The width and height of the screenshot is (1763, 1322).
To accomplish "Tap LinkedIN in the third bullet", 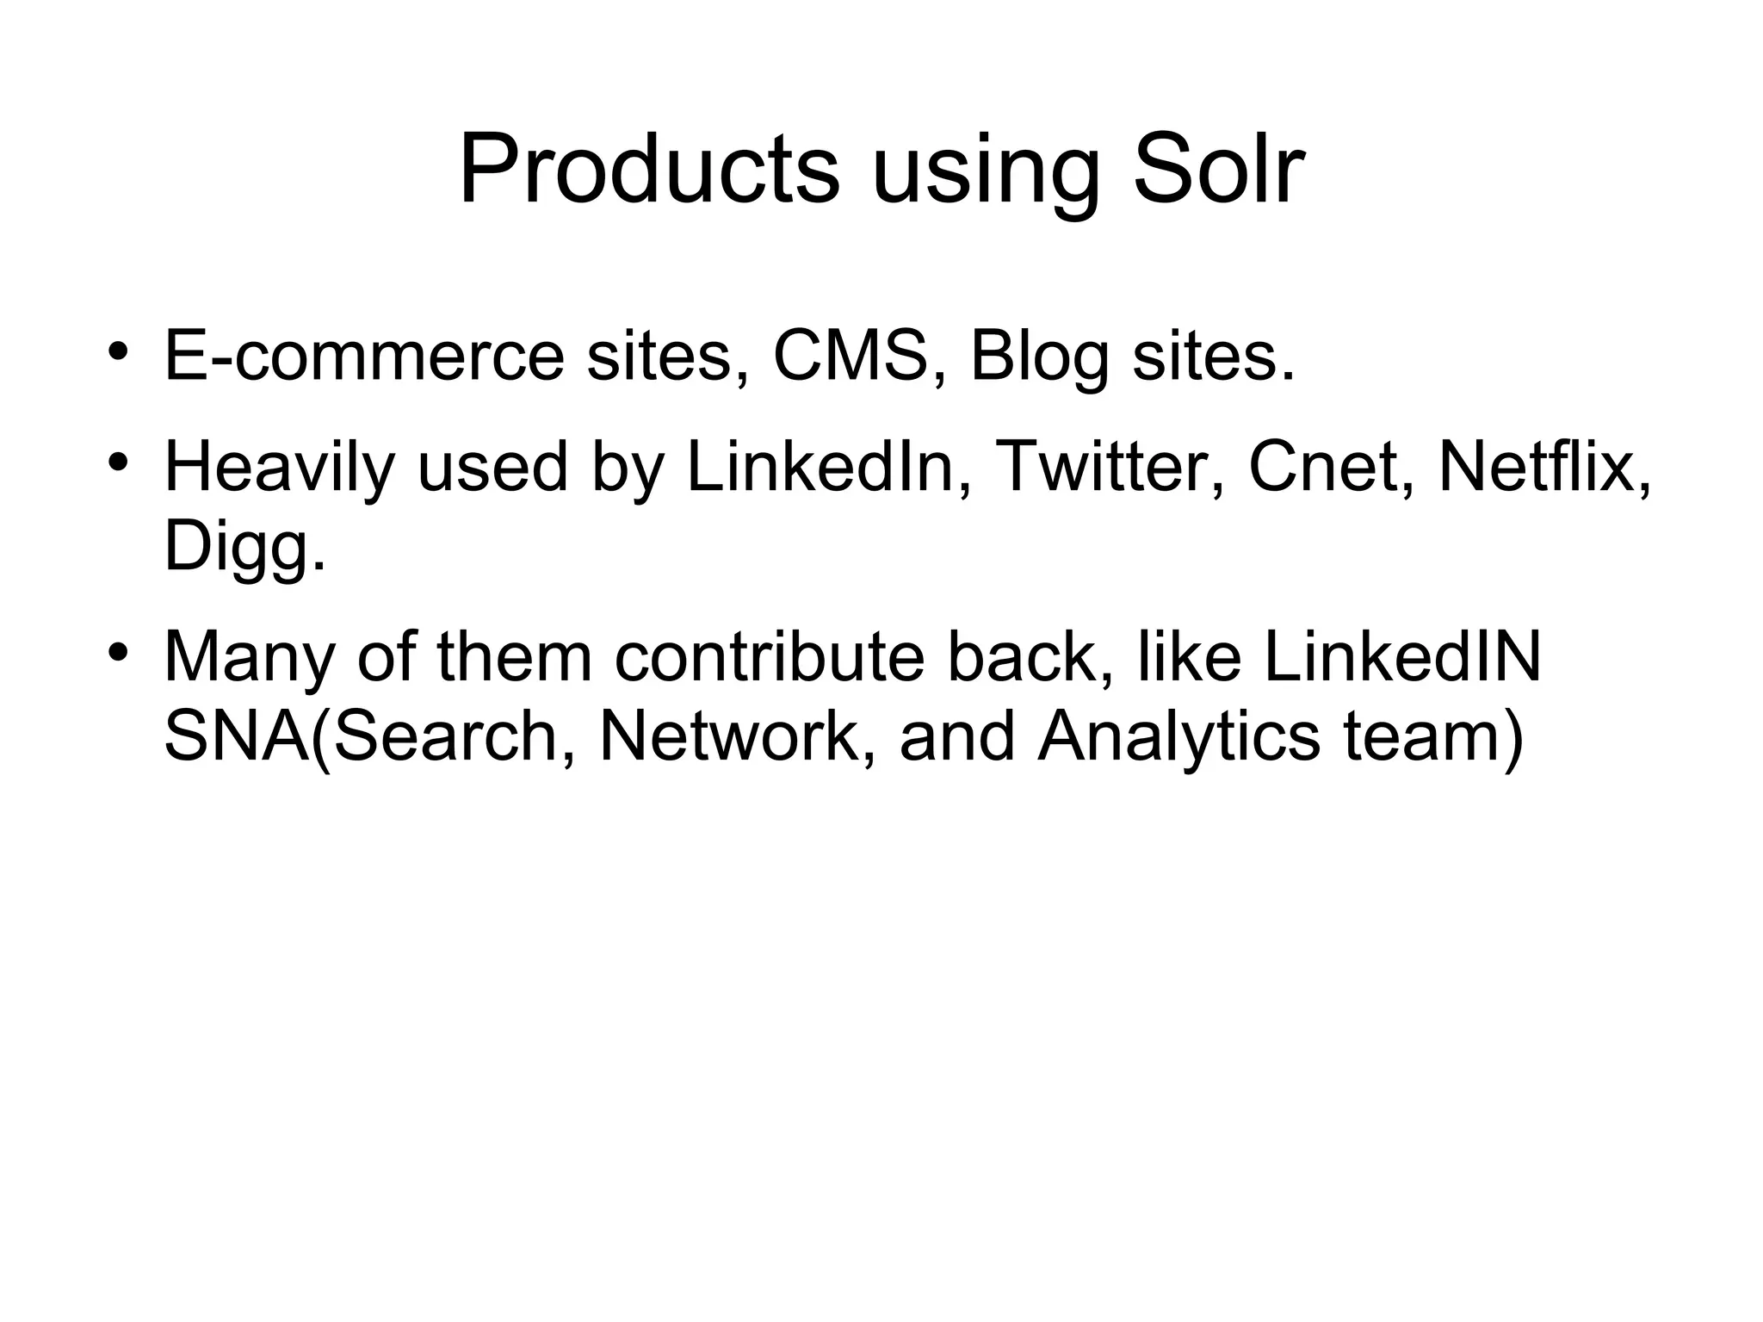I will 1401,658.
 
